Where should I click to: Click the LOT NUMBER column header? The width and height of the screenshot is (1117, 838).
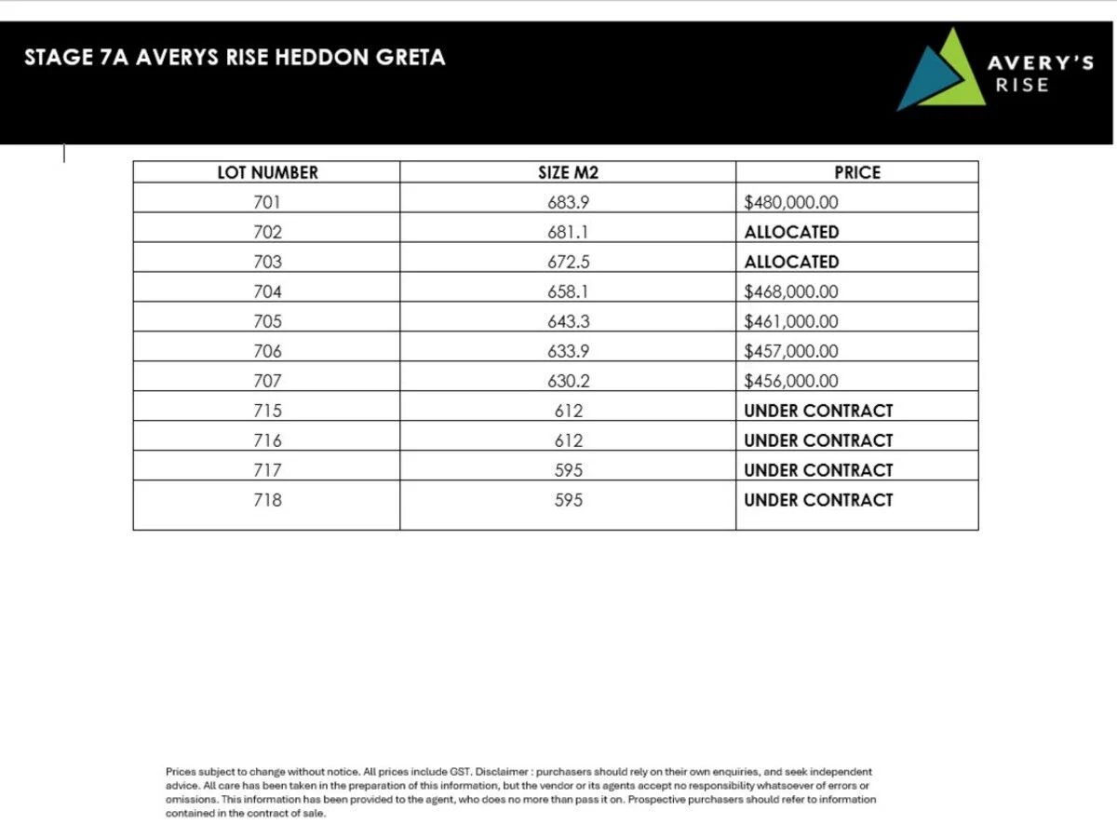pyautogui.click(x=267, y=172)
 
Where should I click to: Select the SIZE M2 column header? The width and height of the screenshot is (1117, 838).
pyautogui.click(x=568, y=172)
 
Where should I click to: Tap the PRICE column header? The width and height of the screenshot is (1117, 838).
pyautogui.click(x=856, y=172)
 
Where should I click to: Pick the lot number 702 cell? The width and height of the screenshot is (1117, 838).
pyautogui.click(x=267, y=232)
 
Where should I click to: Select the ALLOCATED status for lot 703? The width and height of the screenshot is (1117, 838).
pyautogui.click(x=791, y=262)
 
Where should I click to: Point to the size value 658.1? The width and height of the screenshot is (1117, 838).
pyautogui.click(x=568, y=291)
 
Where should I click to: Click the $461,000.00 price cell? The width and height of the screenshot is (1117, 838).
pyautogui.click(x=790, y=321)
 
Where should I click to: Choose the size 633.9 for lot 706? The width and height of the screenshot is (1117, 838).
pyautogui.click(x=568, y=351)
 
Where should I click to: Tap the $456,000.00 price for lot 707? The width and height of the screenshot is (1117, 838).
pyautogui.click(x=790, y=381)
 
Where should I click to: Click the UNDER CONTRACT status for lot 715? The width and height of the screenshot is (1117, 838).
pyautogui.click(x=817, y=411)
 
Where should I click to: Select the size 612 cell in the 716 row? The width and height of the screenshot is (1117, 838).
pyautogui.click(x=568, y=440)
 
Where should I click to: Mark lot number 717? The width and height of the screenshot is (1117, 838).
pyautogui.click(x=267, y=470)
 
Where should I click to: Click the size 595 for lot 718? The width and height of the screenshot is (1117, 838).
pyautogui.click(x=568, y=500)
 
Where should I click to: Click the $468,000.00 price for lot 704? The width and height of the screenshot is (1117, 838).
pyautogui.click(x=790, y=291)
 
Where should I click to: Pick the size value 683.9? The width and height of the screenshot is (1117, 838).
pyautogui.click(x=568, y=202)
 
